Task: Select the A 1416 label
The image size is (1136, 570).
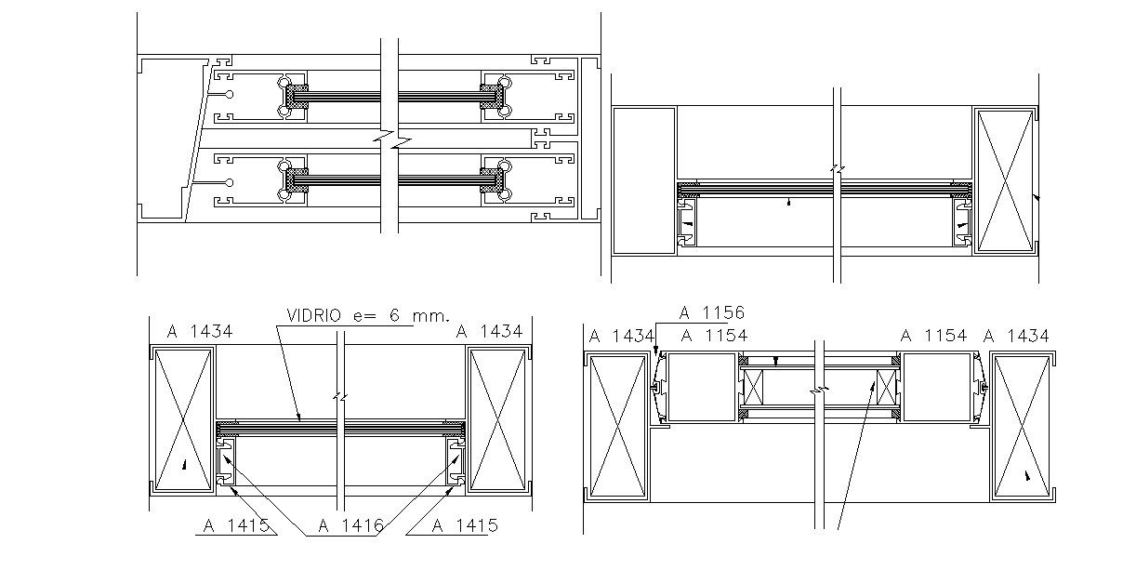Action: pyautogui.click(x=350, y=525)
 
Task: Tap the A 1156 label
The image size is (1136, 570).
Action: pyautogui.click(x=712, y=313)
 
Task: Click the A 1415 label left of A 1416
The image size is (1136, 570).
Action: pyautogui.click(x=236, y=525)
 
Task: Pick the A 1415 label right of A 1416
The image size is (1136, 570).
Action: pyautogui.click(x=465, y=525)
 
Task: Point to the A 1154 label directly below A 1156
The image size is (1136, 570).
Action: pyautogui.click(x=714, y=336)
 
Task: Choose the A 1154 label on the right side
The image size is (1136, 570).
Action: pyautogui.click(x=934, y=336)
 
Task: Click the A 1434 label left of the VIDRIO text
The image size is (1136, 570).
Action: pyautogui.click(x=200, y=330)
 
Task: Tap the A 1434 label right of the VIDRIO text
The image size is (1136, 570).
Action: pyautogui.click(x=488, y=330)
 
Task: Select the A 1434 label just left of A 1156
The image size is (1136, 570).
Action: pyautogui.click(x=622, y=336)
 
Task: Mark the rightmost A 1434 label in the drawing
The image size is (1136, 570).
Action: pyautogui.click(x=1016, y=336)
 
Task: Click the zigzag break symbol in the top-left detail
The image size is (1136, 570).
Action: pyautogui.click(x=390, y=140)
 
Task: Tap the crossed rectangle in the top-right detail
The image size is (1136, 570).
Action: pyautogui.click(x=1004, y=180)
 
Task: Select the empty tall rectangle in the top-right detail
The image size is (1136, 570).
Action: pyautogui.click(x=643, y=180)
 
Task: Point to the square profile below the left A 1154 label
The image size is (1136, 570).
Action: pyautogui.click(x=701, y=387)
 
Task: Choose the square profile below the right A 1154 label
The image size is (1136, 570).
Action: pyautogui.click(x=936, y=387)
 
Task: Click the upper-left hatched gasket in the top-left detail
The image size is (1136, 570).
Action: pyautogui.click(x=296, y=93)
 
